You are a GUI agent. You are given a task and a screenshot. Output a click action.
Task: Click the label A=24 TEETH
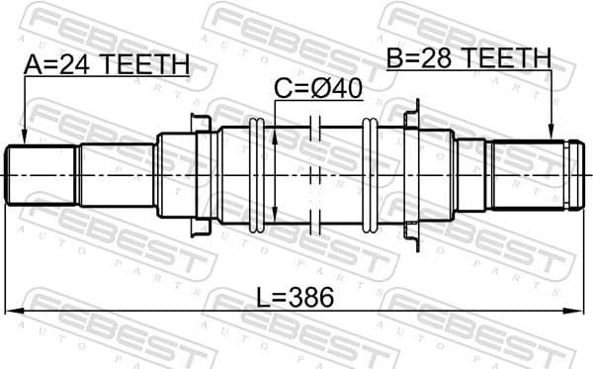[x=106, y=65]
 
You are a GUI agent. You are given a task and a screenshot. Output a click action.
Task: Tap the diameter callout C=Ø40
[x=318, y=90]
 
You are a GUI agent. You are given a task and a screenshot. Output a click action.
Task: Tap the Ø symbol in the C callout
[x=325, y=90]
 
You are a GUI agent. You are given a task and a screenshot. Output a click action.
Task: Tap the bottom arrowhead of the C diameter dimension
[x=275, y=217]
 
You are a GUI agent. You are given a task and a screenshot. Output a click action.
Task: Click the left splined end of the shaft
[x=42, y=175]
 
